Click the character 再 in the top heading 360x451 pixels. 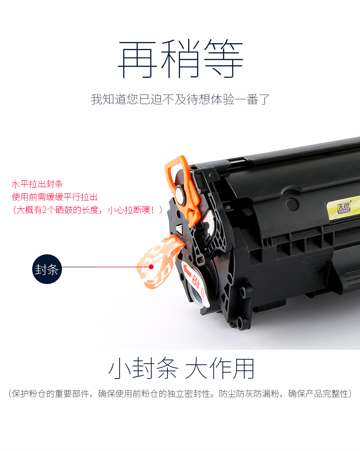[138, 59]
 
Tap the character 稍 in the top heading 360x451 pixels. [180, 59]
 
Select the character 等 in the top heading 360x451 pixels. [223, 59]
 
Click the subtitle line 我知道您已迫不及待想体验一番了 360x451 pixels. [180, 99]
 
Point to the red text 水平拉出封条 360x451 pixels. [37, 184]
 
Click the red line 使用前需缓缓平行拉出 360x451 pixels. [55, 197]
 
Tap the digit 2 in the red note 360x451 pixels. [44, 210]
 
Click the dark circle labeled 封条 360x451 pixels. [47, 269]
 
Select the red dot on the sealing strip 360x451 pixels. [151, 267]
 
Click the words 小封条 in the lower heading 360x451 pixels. [144, 369]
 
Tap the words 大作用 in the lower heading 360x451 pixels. [219, 369]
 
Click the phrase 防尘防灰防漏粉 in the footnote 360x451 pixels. [249, 393]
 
